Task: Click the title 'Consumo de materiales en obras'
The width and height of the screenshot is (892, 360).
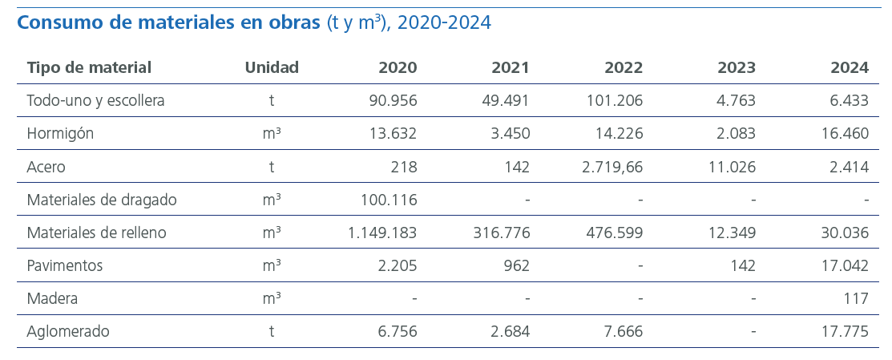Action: point(169,22)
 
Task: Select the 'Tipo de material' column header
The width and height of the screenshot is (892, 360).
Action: point(89,67)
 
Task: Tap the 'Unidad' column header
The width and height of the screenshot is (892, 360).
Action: point(272,67)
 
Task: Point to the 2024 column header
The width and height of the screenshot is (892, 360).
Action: point(850,67)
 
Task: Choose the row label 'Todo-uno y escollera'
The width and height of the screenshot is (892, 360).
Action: point(95,101)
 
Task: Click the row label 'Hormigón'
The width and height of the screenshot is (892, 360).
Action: point(60,134)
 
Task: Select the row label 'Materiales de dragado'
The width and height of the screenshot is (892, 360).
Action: point(102,200)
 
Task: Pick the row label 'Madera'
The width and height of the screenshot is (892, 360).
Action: point(52,298)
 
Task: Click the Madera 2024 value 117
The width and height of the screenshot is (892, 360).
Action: point(856,298)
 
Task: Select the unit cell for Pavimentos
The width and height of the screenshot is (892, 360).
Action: point(272,265)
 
